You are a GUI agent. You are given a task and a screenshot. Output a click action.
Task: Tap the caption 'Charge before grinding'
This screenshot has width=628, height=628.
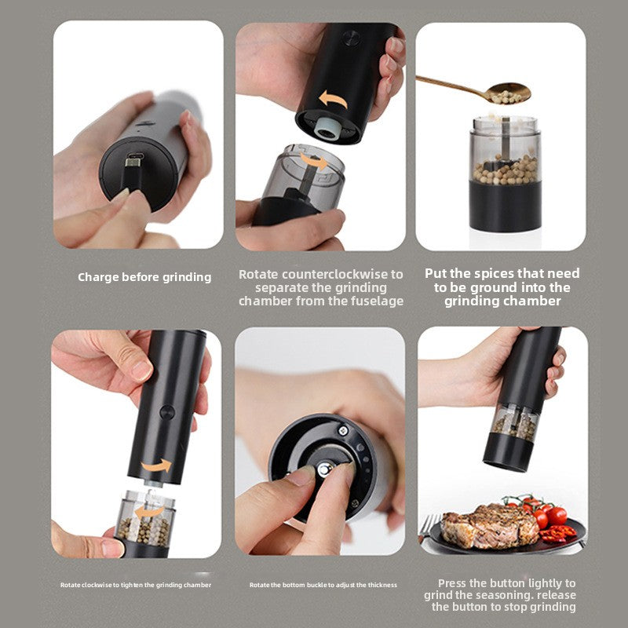(x=144, y=276)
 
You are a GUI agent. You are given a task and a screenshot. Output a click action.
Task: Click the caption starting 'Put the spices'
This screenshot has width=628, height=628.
(x=502, y=287)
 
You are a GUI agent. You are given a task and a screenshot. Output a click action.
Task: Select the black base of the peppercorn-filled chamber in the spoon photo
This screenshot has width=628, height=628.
(x=504, y=206)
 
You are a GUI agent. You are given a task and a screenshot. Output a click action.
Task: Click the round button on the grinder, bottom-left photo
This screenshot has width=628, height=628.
(x=166, y=411)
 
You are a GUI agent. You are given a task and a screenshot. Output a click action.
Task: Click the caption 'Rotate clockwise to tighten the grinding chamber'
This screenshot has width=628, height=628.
(x=136, y=585)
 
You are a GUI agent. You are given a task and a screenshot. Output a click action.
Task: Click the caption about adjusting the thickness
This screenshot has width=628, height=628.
(x=323, y=585)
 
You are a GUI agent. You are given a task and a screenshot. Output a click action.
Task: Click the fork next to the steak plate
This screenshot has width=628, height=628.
(x=428, y=528)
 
